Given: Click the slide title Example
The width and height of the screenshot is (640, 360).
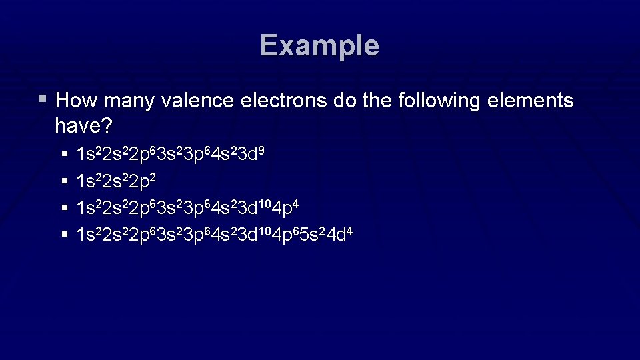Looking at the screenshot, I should coord(319,45).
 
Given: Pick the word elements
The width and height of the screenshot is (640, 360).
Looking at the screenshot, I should coord(533,101).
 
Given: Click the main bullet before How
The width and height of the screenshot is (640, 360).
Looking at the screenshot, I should coord(43,99).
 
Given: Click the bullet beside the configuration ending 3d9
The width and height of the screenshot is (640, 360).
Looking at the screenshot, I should coord(64,154).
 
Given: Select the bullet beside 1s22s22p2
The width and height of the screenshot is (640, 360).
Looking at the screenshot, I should coord(64,181).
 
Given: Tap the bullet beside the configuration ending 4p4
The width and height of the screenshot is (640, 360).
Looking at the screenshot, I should coord(64,207).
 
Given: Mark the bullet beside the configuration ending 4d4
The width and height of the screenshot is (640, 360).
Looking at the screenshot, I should coord(64,234).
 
